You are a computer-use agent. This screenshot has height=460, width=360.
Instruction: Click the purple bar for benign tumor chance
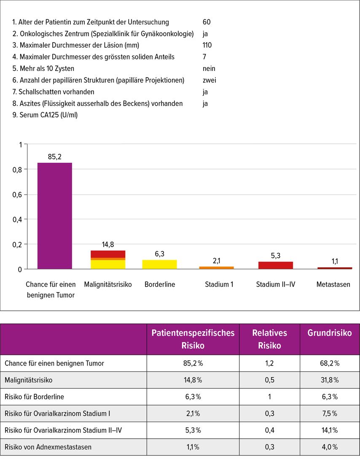54,215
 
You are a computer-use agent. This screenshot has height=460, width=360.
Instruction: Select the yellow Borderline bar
160,264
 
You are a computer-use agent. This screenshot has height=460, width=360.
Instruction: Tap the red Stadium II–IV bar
276,265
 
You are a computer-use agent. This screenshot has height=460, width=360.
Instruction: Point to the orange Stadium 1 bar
217,268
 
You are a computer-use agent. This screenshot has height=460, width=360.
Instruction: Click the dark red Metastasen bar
335,268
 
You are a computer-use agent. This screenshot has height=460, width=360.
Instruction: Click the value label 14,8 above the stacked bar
107,245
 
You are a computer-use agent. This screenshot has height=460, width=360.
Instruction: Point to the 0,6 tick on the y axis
17,194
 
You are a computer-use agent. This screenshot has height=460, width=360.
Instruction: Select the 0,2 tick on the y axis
17,245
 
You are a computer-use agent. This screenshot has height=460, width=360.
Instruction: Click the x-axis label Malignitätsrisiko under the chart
108,284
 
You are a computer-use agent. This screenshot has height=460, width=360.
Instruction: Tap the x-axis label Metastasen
333,284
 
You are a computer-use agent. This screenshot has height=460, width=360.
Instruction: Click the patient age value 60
207,22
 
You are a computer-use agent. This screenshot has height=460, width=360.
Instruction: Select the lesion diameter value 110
207,45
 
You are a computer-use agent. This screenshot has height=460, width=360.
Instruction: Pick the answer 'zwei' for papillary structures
209,80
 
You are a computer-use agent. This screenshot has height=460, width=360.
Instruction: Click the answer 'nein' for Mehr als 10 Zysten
209,68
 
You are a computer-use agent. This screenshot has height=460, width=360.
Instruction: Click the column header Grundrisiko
330,333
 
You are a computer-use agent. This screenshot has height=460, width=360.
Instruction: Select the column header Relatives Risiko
270,339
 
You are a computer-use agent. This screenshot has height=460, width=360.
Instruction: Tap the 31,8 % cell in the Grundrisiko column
330,380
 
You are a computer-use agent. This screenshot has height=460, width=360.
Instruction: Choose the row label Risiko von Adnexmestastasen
48,447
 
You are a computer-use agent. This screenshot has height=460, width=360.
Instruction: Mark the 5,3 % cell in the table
193,430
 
